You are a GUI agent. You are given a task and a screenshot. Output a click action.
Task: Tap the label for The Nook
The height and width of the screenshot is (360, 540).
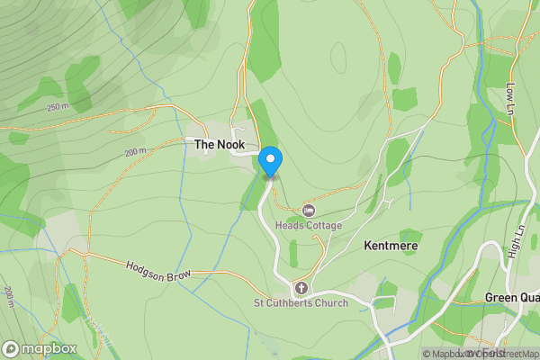[x=215, y=143]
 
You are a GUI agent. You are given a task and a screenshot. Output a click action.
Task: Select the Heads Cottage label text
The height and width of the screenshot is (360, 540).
[x=309, y=225]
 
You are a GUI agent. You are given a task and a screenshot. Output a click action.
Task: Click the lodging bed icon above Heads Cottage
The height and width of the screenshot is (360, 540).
[x=309, y=210]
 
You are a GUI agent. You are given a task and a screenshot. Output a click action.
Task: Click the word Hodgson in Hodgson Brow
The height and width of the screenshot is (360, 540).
[x=147, y=266]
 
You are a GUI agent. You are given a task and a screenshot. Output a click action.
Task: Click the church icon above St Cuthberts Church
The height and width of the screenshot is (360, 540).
[x=301, y=289]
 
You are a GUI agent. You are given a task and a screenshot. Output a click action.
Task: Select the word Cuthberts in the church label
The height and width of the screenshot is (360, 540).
[x=292, y=303]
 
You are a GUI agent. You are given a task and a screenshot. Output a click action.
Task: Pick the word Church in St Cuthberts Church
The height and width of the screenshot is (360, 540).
[x=330, y=303]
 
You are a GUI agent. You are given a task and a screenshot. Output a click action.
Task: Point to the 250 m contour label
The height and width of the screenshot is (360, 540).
[x=58, y=107]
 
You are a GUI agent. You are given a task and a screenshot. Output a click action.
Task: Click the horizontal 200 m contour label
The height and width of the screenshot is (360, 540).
[x=135, y=152]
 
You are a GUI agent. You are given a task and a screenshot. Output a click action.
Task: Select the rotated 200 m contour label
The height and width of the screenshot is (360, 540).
[x=9, y=297]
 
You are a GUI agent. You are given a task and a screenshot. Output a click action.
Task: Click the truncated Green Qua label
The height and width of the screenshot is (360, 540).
[x=511, y=298]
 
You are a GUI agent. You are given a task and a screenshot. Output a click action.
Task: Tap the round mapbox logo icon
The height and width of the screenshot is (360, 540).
[x=12, y=348]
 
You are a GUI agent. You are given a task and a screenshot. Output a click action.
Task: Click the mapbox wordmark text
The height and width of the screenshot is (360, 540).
[x=49, y=348]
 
